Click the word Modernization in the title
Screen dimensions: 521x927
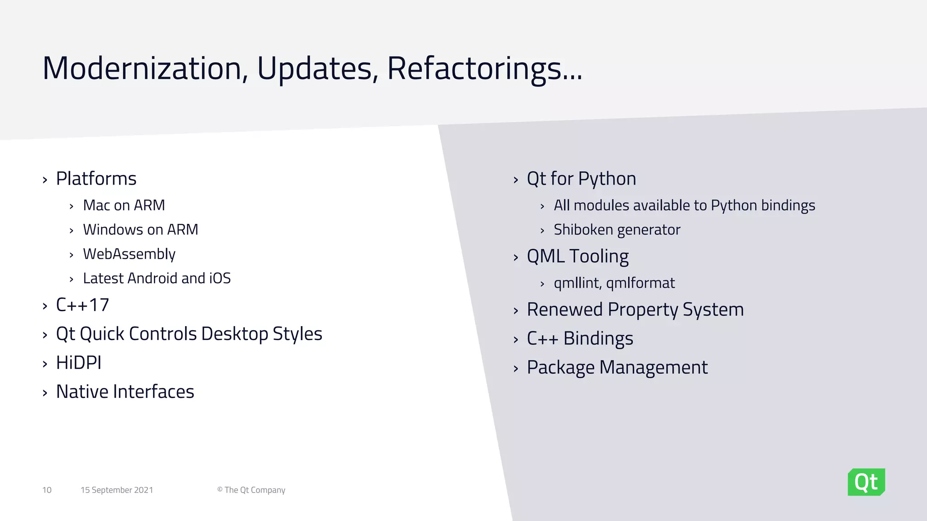142,68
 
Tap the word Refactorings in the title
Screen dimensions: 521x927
474,68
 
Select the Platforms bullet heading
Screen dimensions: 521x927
96,179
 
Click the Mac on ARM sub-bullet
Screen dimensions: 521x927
124,205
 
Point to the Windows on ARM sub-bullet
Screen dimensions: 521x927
140,230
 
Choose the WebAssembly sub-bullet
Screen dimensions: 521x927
129,254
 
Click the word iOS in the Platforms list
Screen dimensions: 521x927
220,278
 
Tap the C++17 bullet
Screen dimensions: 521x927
82,305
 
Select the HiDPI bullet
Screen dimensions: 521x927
78,363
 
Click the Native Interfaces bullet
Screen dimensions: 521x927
125,392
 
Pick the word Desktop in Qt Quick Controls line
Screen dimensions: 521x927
234,334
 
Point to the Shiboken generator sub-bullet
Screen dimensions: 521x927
616,230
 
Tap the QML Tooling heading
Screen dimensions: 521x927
578,256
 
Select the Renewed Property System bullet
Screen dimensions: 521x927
635,310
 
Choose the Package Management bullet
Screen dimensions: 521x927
617,367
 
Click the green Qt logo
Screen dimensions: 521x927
866,482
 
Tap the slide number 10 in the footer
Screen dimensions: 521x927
47,490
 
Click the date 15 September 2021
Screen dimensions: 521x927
117,490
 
